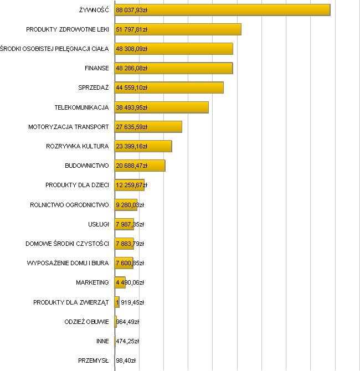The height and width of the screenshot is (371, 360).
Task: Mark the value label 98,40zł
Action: pos(126,360)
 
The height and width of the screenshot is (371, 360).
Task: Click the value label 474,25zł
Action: pos(127,341)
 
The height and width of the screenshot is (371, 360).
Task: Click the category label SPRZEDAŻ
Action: pos(94,87)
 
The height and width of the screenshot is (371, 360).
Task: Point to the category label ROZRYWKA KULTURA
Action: pos(78,146)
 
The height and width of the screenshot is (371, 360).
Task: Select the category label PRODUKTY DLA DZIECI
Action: pos(77,185)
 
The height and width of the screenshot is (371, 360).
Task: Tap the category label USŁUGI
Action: pos(99,224)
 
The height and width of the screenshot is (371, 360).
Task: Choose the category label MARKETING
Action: pos(92,282)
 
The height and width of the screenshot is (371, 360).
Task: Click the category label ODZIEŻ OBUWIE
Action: pos(86,322)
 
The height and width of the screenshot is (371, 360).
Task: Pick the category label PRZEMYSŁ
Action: pos(94,360)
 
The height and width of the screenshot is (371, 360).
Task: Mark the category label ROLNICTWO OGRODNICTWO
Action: pos(69,205)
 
